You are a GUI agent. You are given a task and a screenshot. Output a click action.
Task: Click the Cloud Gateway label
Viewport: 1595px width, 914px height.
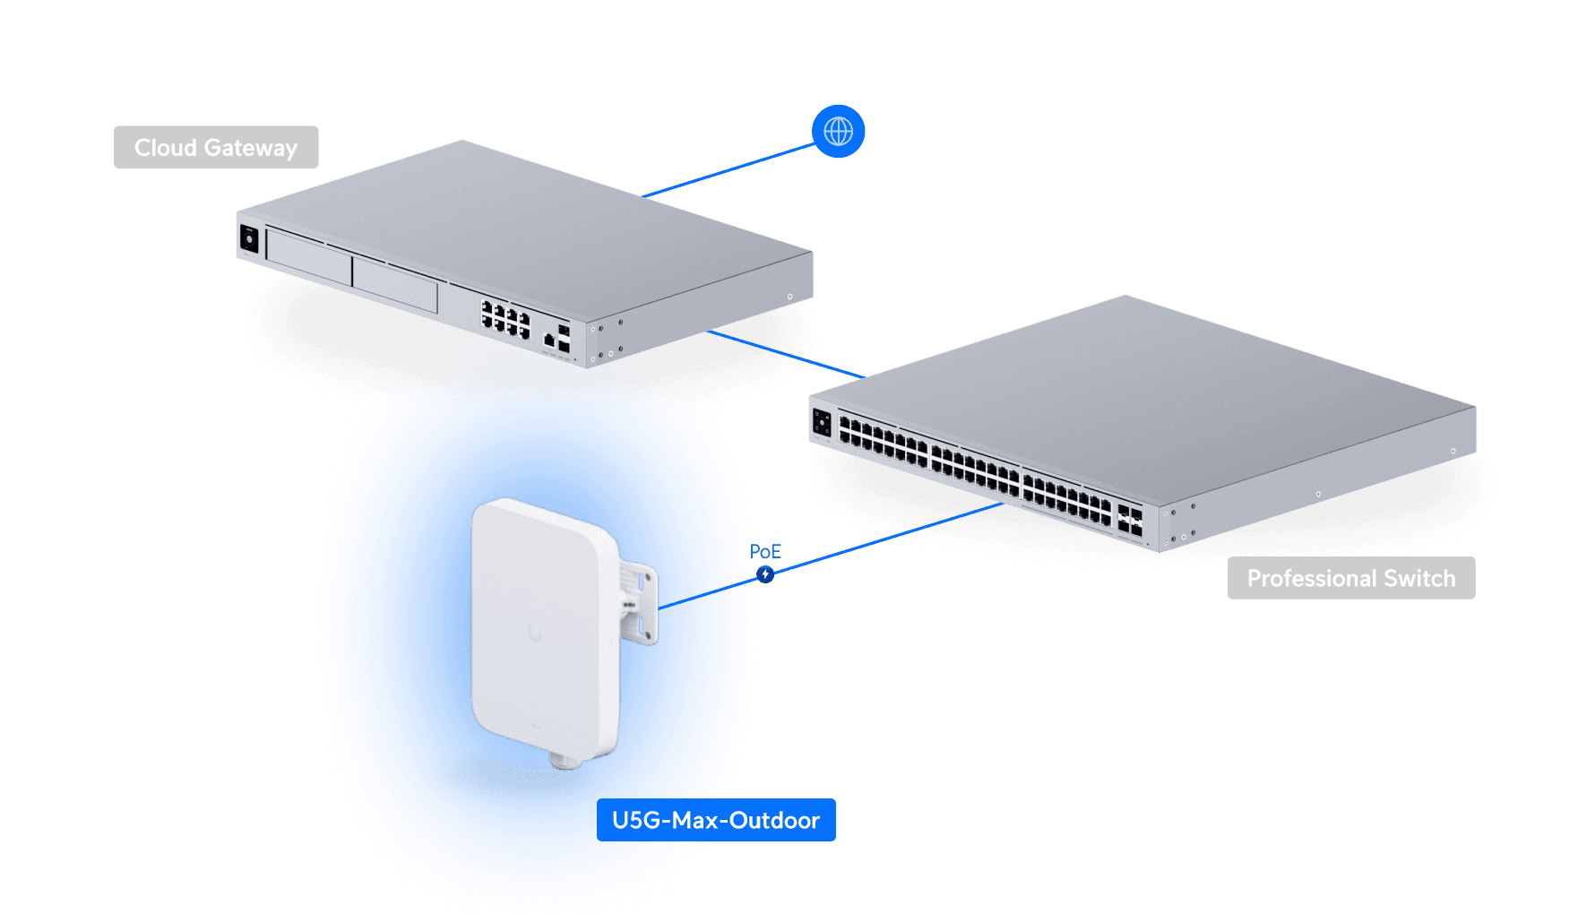coord(216,148)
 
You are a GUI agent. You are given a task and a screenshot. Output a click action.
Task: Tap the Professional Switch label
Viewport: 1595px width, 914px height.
coord(1350,579)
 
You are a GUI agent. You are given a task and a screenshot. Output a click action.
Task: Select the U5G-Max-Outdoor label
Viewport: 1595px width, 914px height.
coord(715,821)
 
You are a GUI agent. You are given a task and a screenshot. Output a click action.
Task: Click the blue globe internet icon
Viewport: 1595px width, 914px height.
coord(838,132)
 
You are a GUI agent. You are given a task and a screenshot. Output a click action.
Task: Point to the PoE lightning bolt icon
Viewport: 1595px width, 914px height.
coord(764,574)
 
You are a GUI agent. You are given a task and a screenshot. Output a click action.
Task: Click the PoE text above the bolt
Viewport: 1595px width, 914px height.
coord(765,551)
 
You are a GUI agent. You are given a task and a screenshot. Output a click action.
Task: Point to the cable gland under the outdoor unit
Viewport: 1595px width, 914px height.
coord(566,762)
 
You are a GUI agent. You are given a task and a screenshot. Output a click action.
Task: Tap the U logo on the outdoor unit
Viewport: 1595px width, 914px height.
coord(535,633)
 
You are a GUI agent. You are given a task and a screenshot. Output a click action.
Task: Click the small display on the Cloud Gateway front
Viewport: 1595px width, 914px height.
coord(249,239)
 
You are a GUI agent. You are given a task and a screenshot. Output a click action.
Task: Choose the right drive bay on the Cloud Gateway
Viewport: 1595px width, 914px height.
coord(395,285)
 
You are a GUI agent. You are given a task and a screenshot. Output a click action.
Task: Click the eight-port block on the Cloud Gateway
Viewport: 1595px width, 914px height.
coord(506,321)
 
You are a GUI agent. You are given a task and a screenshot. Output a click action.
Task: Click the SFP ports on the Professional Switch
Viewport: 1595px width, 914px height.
coord(1130,520)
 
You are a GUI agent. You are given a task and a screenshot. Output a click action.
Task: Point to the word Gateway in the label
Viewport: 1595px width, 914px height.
coord(250,148)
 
